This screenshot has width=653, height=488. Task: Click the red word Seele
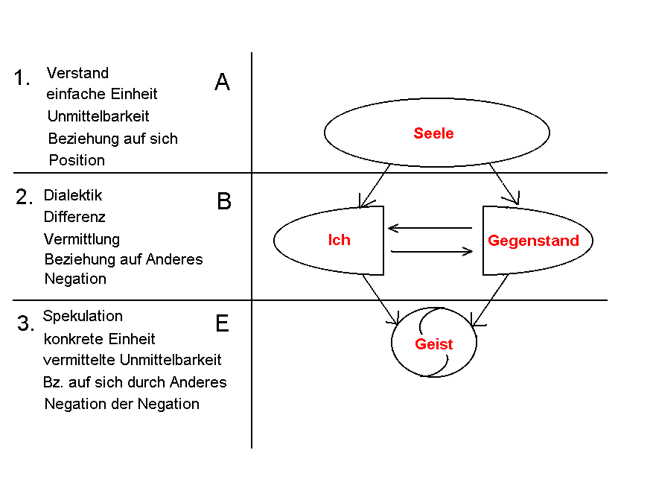coord(433,133)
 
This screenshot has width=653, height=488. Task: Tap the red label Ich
coord(339,240)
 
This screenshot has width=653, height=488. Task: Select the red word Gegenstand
coord(533,241)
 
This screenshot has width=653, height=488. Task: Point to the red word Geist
coord(433,344)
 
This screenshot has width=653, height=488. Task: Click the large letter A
coord(222,82)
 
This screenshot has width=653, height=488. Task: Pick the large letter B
coord(224,201)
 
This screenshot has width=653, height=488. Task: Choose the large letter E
coord(223,323)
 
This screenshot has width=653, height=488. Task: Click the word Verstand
coord(77,73)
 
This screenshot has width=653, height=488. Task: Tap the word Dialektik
coord(73,195)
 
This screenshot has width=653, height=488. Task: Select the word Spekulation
coord(83,317)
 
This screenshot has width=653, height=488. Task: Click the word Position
coord(77,160)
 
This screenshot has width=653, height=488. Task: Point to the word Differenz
coord(74,217)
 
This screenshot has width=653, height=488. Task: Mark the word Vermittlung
coord(82,239)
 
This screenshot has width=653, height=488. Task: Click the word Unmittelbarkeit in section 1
coord(98,115)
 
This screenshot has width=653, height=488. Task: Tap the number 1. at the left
coord(22,77)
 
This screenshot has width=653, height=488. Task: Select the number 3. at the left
coord(25,323)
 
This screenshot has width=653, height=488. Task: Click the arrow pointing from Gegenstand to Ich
coord(430,228)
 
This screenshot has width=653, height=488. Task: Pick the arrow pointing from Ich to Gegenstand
coord(432,251)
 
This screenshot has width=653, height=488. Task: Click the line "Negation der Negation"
coord(121,404)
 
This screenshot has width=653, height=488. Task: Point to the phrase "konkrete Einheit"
coord(99,339)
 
